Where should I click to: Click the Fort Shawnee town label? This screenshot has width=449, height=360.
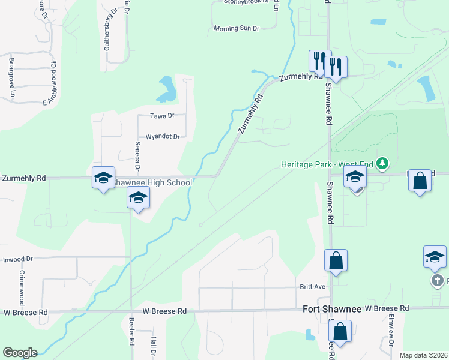click(331, 308)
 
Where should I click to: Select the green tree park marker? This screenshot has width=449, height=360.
click(382, 163)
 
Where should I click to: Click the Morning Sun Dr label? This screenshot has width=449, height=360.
click(237, 28)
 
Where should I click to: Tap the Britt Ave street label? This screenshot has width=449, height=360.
click(312, 287)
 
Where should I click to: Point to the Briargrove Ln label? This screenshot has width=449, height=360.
click(11, 77)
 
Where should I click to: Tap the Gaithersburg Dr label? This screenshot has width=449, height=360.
click(107, 34)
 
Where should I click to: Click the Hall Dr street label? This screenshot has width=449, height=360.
click(154, 347)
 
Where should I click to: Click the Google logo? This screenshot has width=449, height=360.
click(20, 353)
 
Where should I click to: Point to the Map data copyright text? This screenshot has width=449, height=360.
click(423, 355)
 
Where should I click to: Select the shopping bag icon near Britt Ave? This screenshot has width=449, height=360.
click(336, 261)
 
